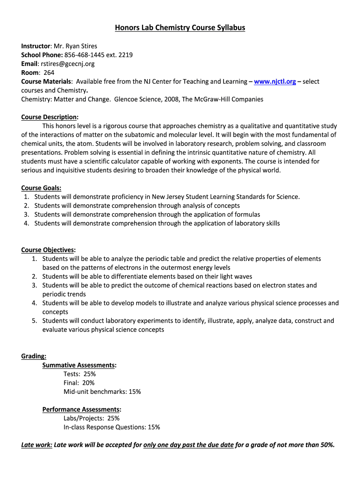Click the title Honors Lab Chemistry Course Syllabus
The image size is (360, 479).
(180, 28)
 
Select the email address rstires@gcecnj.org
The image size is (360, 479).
(67, 64)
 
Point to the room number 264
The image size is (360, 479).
(49, 73)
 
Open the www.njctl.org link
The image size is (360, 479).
(275, 81)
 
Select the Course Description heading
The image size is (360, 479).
(49, 117)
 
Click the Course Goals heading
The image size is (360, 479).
(41, 188)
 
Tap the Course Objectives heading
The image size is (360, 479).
(48, 250)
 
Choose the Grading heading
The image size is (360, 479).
(33, 356)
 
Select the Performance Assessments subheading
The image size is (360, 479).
(81, 410)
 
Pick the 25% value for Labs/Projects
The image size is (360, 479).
(113, 419)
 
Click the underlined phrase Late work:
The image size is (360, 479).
(36, 445)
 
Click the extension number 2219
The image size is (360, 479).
(125, 55)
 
